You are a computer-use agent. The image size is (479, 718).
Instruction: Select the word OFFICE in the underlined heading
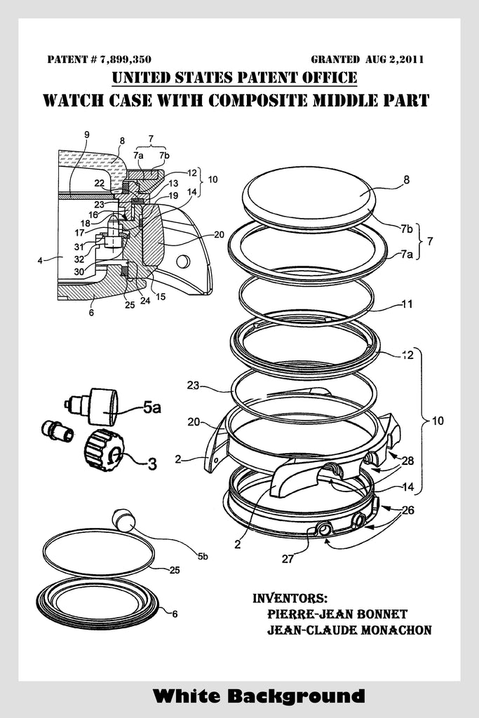[329, 77]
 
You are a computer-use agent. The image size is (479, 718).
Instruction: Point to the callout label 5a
[152, 407]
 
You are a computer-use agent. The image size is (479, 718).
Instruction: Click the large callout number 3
[152, 464]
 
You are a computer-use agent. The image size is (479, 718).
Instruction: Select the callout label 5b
[203, 556]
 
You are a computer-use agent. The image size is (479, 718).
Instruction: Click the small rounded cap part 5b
[123, 519]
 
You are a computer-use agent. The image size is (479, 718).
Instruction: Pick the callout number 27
[288, 559]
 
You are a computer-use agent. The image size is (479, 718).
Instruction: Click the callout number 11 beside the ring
[407, 304]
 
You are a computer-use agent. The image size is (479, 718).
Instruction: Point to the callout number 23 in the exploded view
[194, 385]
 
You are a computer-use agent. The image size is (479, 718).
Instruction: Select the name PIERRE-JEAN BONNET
[337, 614]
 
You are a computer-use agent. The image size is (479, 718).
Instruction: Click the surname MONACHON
[396, 630]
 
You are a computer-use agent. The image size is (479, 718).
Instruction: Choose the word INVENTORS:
[290, 598]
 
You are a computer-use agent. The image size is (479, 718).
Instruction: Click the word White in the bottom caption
[187, 696]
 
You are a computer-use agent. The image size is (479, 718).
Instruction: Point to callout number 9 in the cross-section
[86, 135]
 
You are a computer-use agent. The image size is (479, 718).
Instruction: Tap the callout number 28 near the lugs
[407, 460]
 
